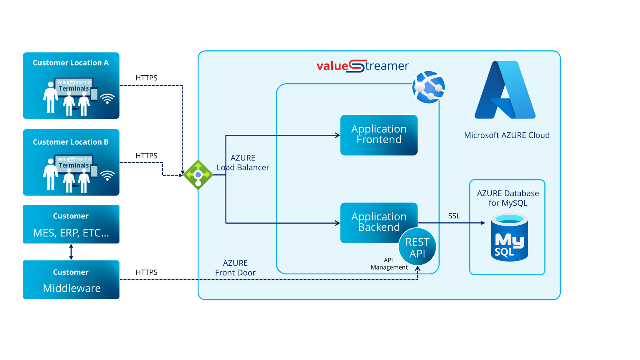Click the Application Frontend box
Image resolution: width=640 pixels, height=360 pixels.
coord(379,135)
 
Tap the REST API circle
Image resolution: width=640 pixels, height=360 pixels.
coord(417,247)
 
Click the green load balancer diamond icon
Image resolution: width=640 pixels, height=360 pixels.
coord(198,175)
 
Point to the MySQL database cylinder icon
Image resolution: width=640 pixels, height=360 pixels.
coord(509,238)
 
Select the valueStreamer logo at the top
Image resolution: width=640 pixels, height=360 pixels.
coord(362,66)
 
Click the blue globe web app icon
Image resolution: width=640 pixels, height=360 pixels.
coord(429,87)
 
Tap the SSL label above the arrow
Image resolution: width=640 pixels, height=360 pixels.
coord(454,216)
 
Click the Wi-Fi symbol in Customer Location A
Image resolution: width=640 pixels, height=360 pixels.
coord(107,98)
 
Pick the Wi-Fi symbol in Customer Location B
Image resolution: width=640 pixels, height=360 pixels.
coord(107,175)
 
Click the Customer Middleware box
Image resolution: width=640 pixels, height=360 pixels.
coord(71,280)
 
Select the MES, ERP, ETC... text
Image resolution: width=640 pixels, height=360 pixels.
coord(71,233)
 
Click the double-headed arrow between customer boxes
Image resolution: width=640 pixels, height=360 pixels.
coord(71,252)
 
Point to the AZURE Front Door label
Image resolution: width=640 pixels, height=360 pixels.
coord(235,268)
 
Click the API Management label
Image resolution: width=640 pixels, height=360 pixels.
coord(389,264)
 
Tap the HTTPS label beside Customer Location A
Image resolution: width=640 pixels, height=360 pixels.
coord(146,78)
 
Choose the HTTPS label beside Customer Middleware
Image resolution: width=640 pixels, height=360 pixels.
coord(146,272)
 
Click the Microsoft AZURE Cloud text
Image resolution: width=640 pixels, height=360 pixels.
coord(507,135)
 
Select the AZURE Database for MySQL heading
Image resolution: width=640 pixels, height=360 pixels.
coord(508,198)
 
